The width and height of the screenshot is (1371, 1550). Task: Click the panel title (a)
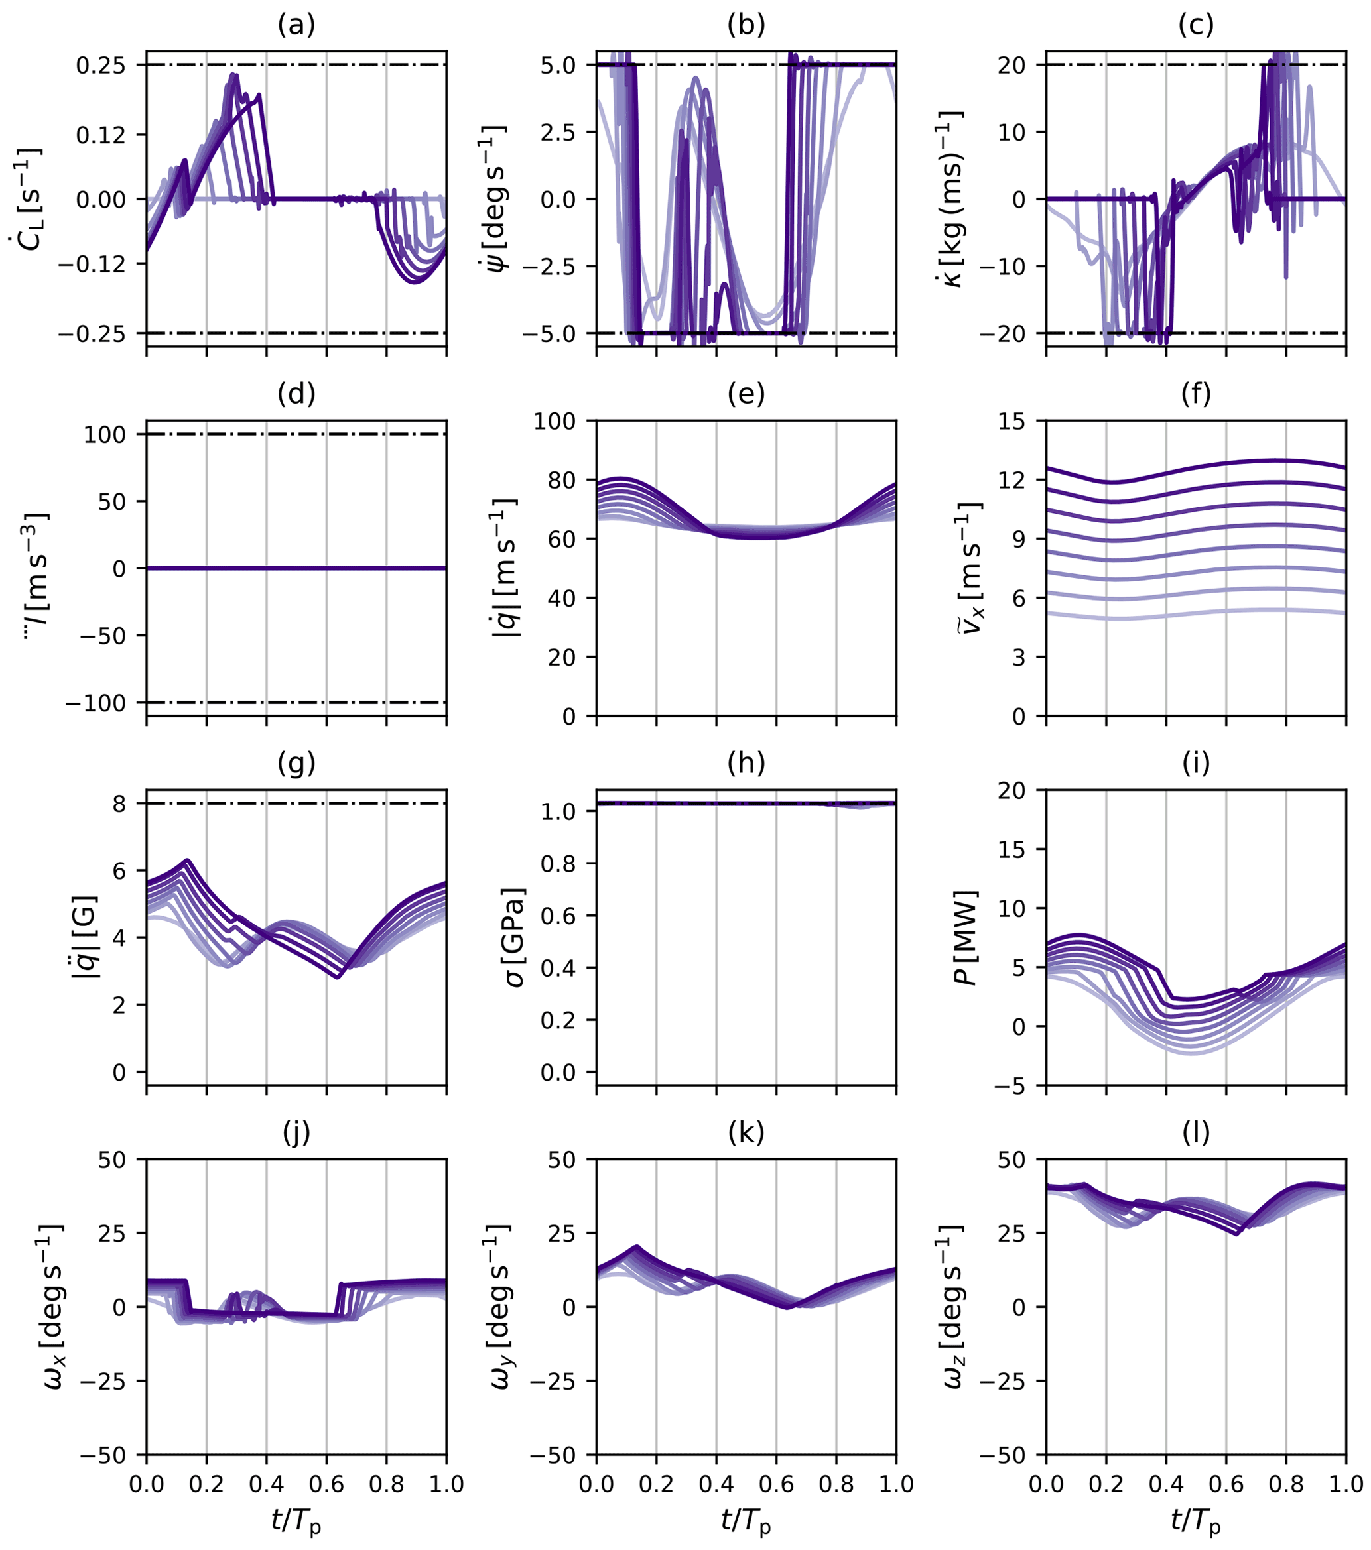(296, 25)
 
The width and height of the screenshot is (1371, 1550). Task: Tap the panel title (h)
(746, 764)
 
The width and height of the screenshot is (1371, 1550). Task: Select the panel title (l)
(1196, 1133)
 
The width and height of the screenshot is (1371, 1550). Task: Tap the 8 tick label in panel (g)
(120, 804)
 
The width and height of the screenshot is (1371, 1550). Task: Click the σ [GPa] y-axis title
(513, 937)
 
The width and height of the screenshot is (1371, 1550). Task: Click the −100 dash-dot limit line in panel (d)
(296, 703)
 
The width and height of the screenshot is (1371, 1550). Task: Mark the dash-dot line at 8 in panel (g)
(296, 803)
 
